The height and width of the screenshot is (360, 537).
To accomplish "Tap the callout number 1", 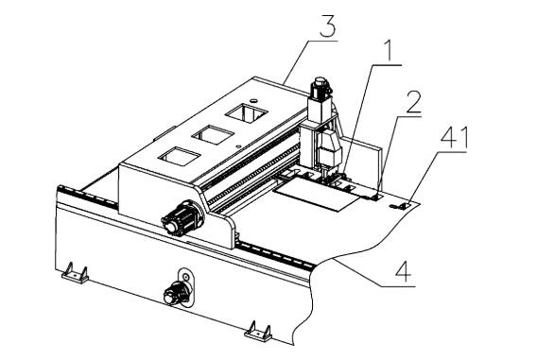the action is click(x=388, y=51).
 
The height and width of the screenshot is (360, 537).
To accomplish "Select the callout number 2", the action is click(x=413, y=102).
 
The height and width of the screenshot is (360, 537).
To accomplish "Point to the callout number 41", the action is click(x=454, y=138).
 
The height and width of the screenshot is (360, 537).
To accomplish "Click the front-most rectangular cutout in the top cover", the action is click(x=179, y=157).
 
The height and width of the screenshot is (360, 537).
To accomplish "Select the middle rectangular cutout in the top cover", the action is click(x=213, y=135).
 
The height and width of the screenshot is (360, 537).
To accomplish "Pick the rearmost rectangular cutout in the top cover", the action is click(x=246, y=113).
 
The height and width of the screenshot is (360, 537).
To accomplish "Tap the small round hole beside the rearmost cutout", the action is click(x=253, y=100).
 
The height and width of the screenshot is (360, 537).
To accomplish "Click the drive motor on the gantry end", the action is click(x=182, y=218).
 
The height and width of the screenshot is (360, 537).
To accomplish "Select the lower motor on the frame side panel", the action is click(x=178, y=293).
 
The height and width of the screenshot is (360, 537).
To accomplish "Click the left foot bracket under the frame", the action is click(x=75, y=273).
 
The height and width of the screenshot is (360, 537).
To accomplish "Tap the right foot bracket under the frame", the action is click(x=258, y=332).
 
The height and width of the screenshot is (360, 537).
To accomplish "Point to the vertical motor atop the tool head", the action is click(x=320, y=88).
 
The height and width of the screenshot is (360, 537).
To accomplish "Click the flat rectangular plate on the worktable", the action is click(x=319, y=194).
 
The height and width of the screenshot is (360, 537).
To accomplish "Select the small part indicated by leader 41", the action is click(x=400, y=206).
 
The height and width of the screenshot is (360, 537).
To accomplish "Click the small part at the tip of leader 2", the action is click(x=376, y=197).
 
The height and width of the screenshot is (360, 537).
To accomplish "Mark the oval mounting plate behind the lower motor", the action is click(x=185, y=286).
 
